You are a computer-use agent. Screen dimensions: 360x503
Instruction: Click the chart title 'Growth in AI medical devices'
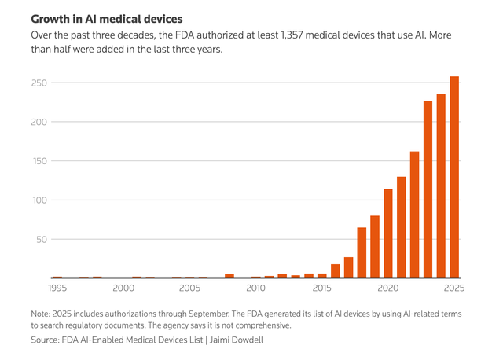click(x=106, y=18)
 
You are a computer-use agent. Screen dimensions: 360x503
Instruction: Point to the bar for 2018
click(x=362, y=252)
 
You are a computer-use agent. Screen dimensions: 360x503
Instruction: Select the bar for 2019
click(x=375, y=247)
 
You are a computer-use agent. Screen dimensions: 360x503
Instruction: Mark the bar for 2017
click(x=348, y=267)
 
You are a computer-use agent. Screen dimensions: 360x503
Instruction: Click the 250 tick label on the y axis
click(x=39, y=83)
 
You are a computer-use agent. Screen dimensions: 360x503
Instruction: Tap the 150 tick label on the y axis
click(x=39, y=161)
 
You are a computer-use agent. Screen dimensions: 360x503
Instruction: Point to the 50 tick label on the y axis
click(x=41, y=239)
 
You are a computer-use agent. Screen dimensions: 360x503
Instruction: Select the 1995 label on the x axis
click(x=57, y=288)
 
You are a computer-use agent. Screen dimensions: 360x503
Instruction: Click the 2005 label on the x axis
click(x=189, y=288)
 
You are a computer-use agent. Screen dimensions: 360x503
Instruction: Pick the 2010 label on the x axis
click(x=255, y=288)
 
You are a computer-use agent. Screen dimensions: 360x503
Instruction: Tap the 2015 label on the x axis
click(x=321, y=288)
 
